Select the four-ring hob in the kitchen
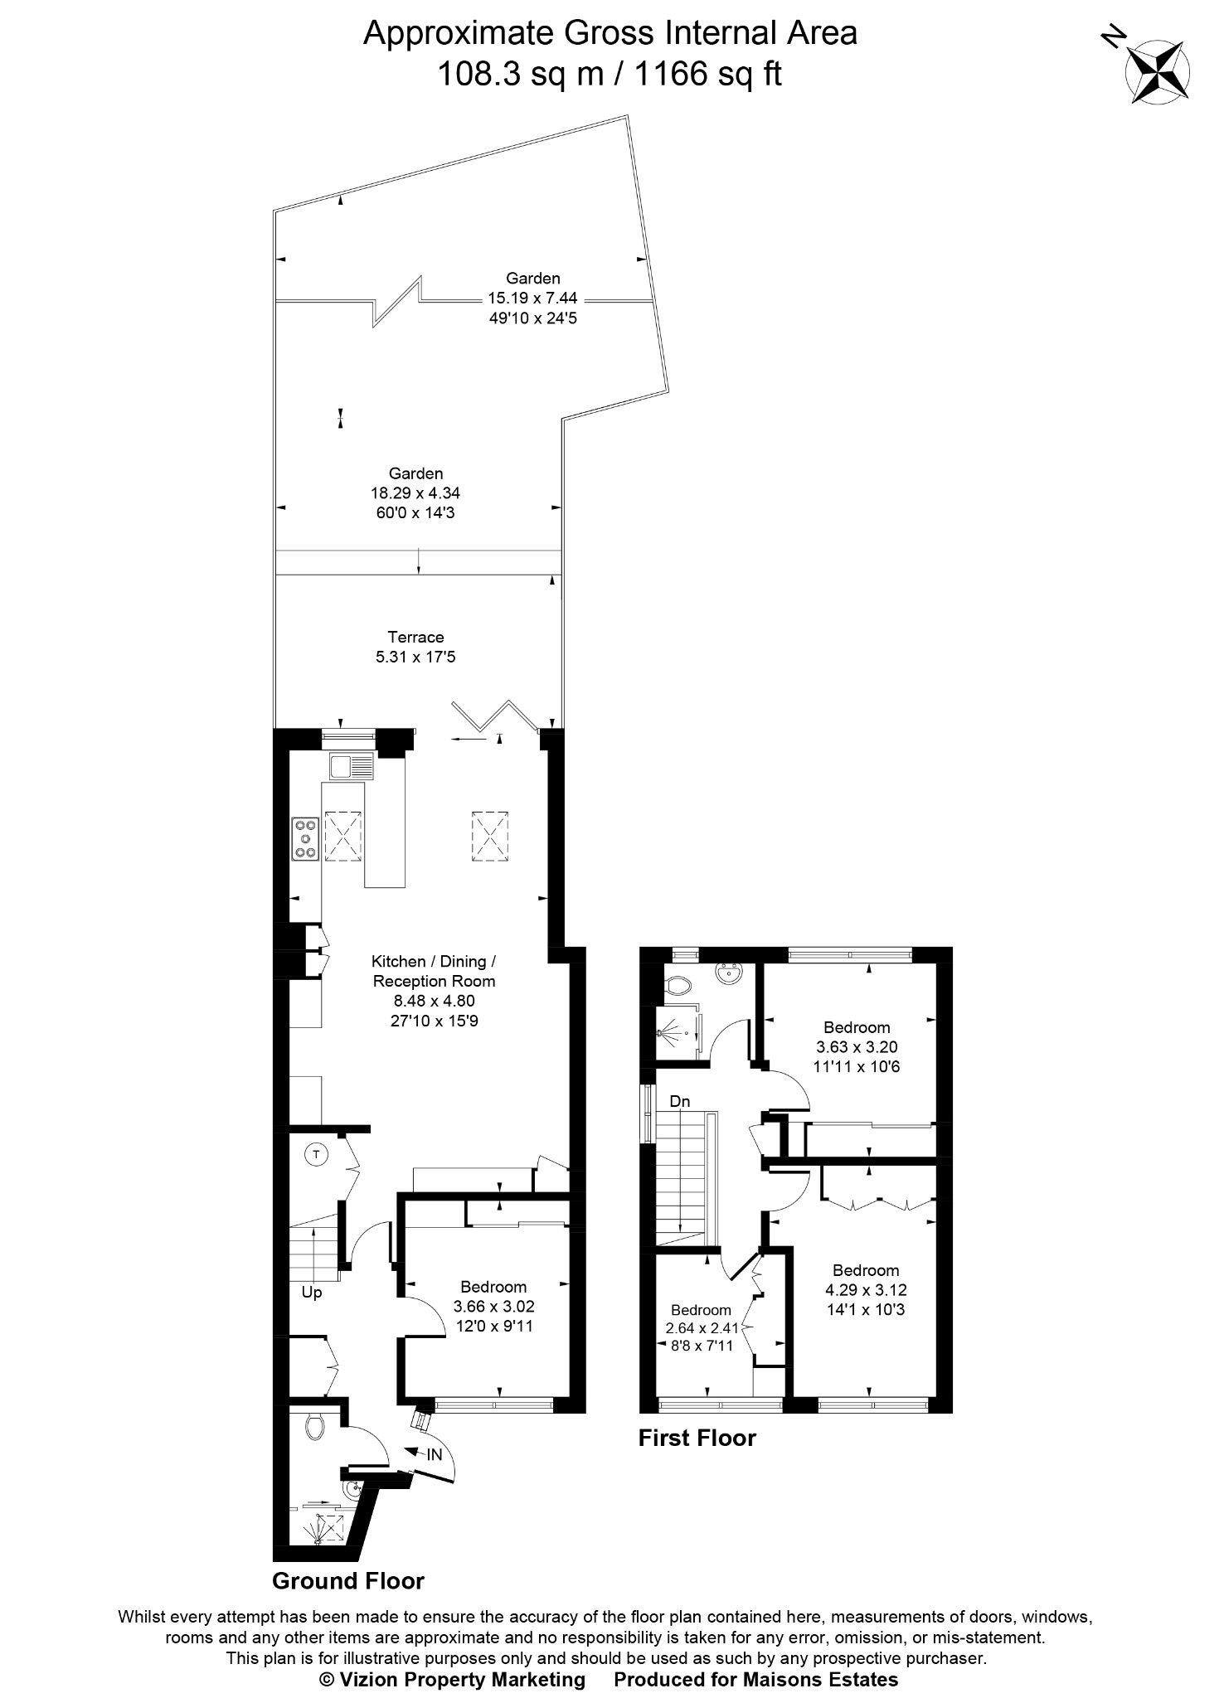(306, 837)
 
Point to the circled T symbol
(315, 1153)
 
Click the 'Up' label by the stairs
(312, 1292)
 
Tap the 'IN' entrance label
(435, 1454)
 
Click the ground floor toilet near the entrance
(314, 1426)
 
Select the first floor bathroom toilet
(678, 985)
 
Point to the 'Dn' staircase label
(680, 1101)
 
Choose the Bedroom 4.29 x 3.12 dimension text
(866, 1290)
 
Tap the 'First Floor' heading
(697, 1438)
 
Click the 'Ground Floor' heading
(348, 1581)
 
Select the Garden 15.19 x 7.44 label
(533, 298)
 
